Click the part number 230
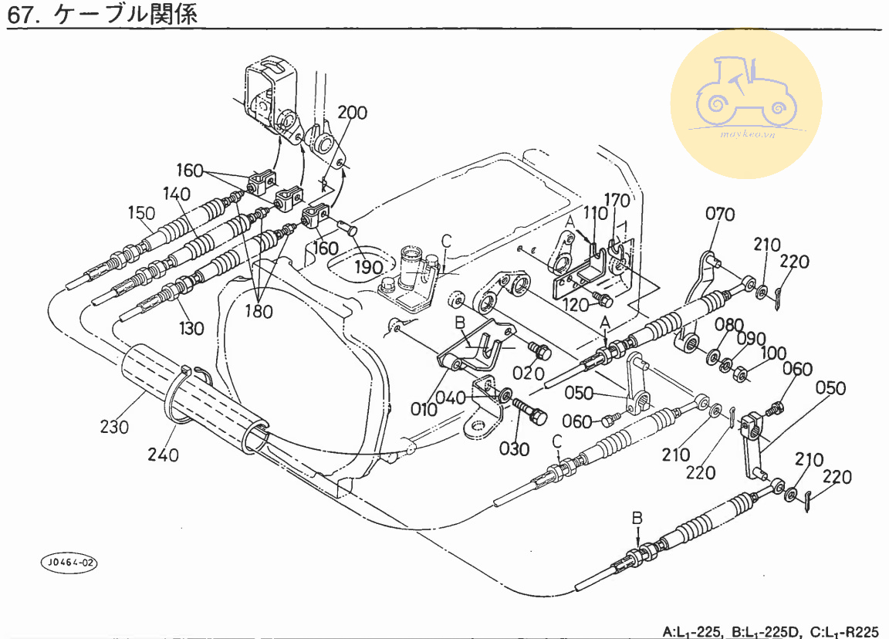point(114,426)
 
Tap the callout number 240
point(163,455)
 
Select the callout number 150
point(142,212)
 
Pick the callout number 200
point(353,113)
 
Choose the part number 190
point(369,268)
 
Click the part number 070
point(720,214)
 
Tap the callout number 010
point(424,408)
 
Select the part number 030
point(515,449)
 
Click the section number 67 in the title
point(21,15)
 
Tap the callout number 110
point(596,214)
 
